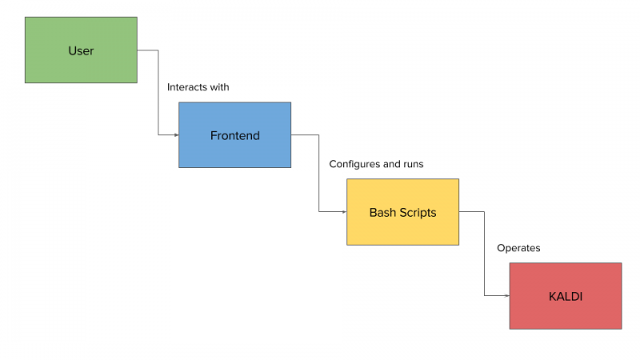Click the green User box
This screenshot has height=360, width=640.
tap(81, 50)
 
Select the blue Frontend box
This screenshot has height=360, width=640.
tap(234, 134)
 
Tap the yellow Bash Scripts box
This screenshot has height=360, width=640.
tap(403, 212)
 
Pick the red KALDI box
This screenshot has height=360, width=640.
tap(566, 296)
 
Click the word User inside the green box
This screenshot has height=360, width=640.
tap(81, 50)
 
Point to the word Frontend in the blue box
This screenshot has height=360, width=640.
tap(234, 135)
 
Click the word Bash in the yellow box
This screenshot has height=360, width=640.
tap(382, 213)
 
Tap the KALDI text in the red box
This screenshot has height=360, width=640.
tap(566, 297)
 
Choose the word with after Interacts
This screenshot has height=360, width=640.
tap(219, 87)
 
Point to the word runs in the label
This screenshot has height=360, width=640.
tap(414, 165)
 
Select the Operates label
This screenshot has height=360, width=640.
tap(518, 248)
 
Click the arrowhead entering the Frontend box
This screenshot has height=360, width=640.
tap(176, 134)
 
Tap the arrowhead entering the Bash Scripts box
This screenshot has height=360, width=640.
tap(344, 212)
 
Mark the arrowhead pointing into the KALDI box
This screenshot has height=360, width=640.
tap(507, 295)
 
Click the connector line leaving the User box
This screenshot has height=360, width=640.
tap(158, 92)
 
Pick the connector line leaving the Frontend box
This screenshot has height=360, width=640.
tap(318, 173)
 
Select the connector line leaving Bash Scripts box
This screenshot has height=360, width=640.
tap(485, 254)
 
